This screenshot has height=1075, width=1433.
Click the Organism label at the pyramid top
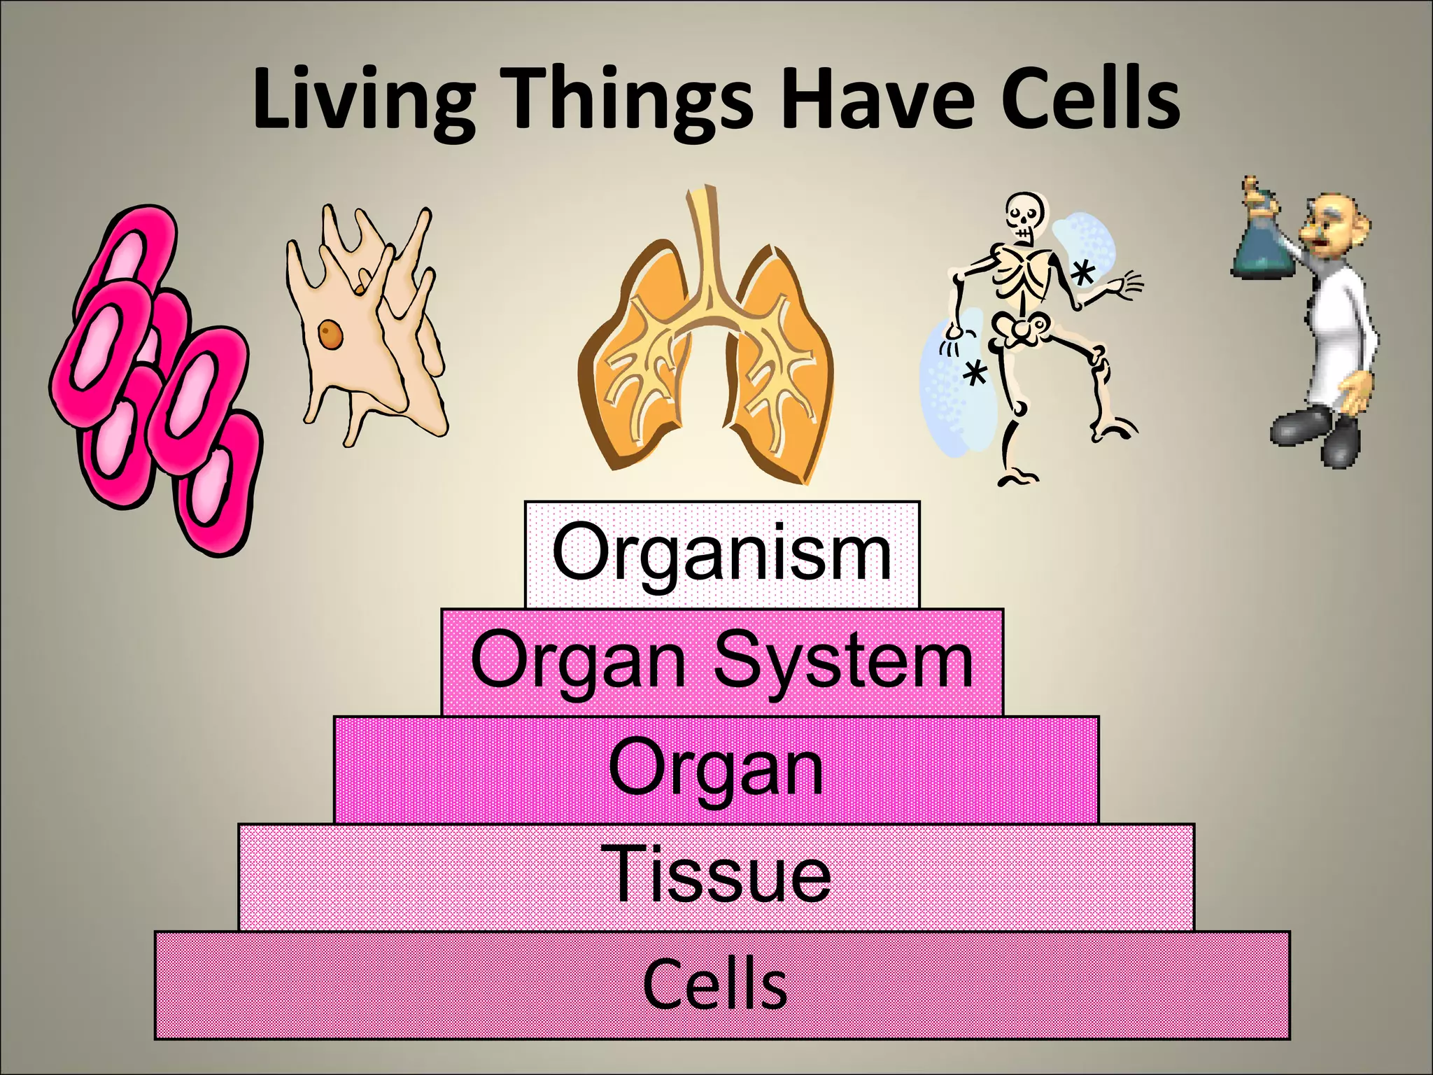[721, 554]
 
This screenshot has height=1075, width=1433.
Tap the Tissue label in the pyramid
[721, 875]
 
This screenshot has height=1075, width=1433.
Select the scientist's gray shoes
[1315, 434]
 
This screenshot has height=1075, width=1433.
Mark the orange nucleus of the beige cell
[331, 334]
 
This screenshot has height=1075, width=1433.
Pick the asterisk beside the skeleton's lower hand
[973, 374]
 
